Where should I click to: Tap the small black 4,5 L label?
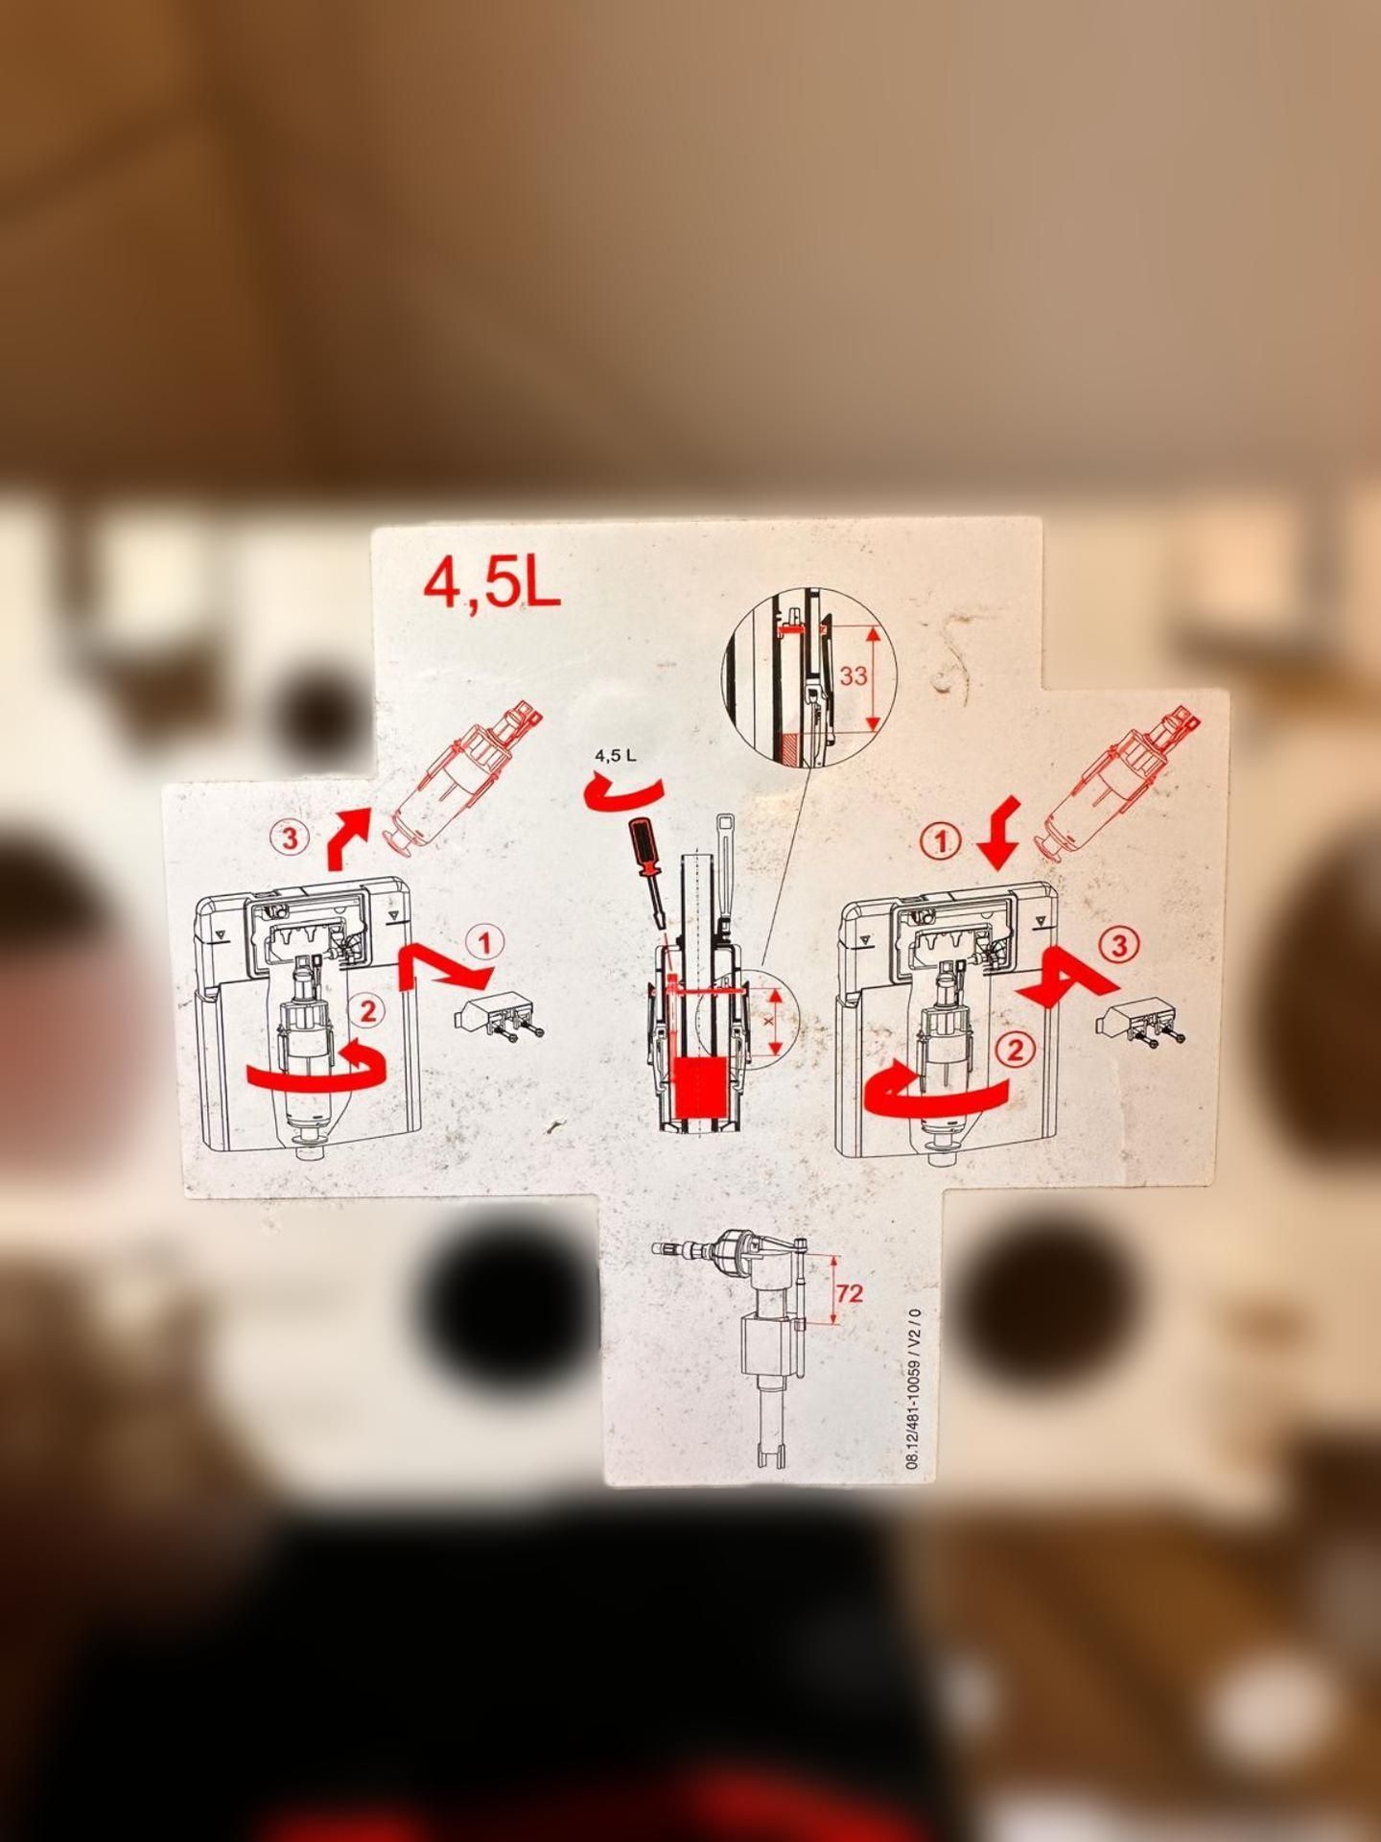click(616, 755)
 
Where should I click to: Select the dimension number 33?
click(854, 675)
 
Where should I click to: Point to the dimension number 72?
click(850, 1293)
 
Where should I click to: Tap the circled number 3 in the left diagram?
click(289, 838)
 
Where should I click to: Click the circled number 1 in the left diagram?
click(486, 943)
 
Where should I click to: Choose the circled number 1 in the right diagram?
click(940, 842)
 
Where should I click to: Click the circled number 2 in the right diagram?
click(1015, 1051)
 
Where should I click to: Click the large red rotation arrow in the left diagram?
click(316, 1073)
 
